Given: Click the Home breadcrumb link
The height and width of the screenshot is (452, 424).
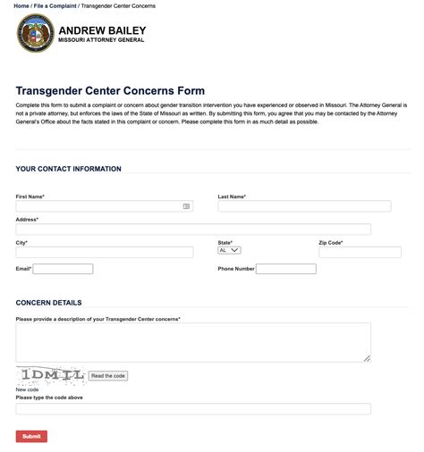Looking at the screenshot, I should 21,5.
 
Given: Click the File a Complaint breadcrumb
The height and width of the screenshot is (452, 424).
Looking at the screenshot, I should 53,5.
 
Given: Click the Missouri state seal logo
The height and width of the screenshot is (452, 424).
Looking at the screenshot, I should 35,34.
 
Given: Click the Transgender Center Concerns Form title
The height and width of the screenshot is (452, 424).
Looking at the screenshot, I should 110,91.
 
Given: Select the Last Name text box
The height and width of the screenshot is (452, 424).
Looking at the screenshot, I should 304,205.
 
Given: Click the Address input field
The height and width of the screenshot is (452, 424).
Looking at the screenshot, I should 192,230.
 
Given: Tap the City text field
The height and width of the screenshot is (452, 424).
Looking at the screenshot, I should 104,253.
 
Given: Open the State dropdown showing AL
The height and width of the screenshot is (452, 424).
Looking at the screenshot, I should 229,251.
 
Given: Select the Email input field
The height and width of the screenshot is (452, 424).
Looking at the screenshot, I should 63,269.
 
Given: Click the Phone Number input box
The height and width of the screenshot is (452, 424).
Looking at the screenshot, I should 285,269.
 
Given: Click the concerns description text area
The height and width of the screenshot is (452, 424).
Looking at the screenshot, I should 192,342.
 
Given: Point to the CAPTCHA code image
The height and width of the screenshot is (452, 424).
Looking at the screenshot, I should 49,375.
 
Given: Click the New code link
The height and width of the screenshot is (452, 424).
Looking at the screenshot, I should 27,389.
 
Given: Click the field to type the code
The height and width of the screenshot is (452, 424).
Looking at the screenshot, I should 192,409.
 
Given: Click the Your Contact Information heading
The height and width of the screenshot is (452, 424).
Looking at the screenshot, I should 68,169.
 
